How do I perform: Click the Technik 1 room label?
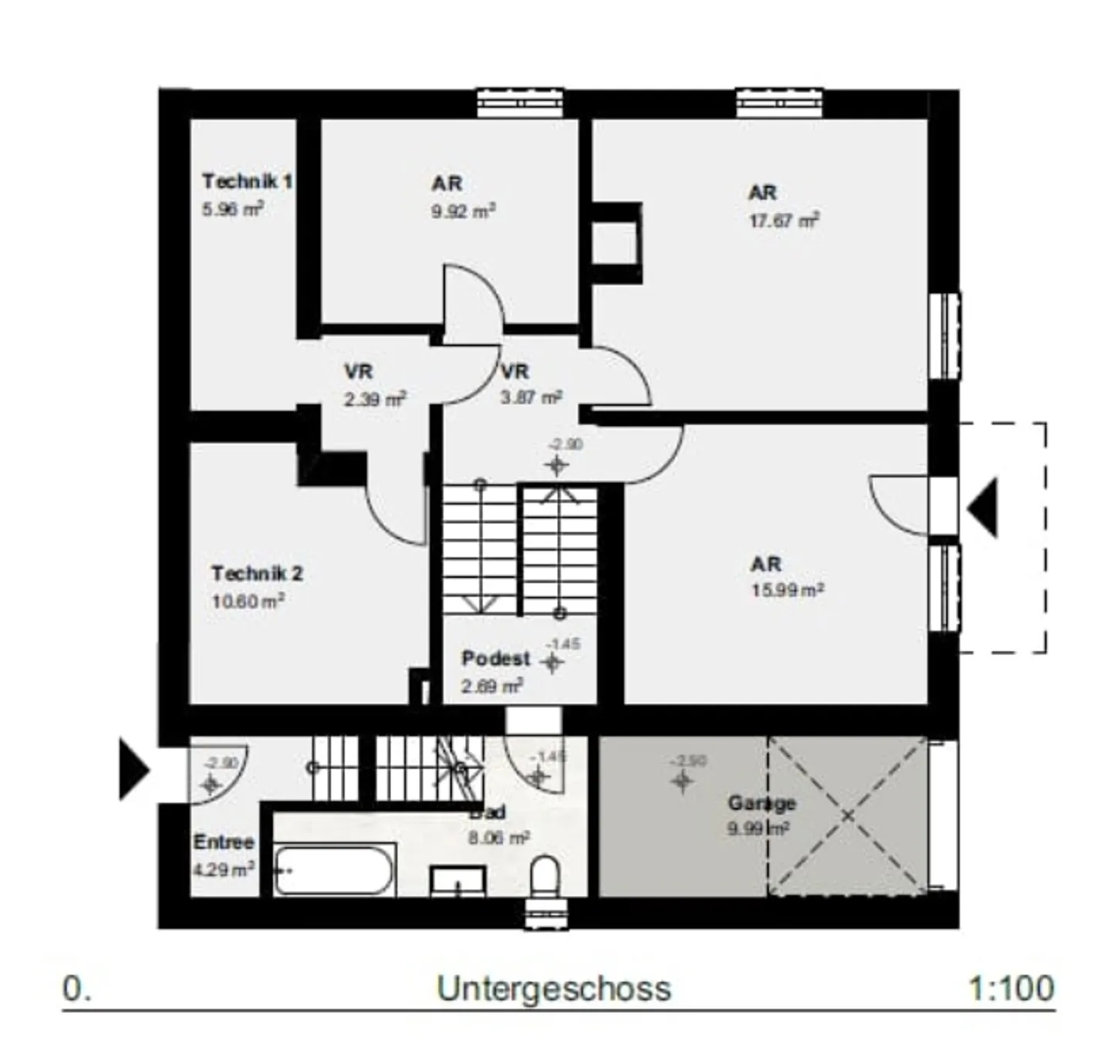(247, 181)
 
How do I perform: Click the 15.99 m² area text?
(788, 590)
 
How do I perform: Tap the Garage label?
(761, 804)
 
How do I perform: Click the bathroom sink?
(458, 881)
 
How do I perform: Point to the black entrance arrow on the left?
(133, 769)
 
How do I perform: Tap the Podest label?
(496, 659)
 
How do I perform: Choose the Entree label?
(224, 842)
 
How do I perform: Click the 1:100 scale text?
(1011, 988)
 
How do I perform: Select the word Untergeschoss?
(554, 989)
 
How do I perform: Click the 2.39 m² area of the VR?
(375, 400)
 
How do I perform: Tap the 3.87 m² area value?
(531, 398)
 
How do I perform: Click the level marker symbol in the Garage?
(681, 781)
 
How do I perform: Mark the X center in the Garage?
(847, 816)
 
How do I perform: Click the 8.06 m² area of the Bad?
(498, 838)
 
